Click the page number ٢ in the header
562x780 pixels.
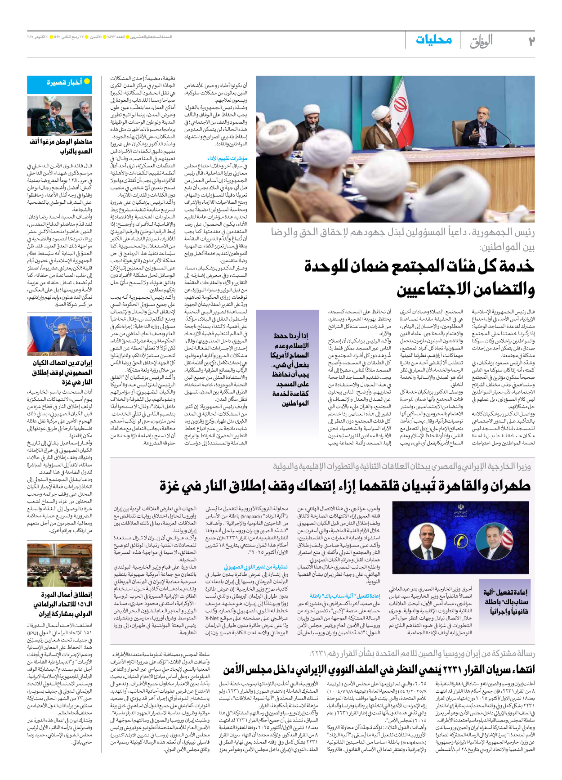(531, 41)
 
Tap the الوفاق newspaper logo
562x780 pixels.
(482, 41)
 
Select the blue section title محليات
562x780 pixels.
(433, 40)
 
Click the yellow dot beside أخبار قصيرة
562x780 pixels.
(87, 81)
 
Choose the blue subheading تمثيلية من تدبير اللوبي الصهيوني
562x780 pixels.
(256, 567)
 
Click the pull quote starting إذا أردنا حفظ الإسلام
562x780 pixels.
(291, 369)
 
